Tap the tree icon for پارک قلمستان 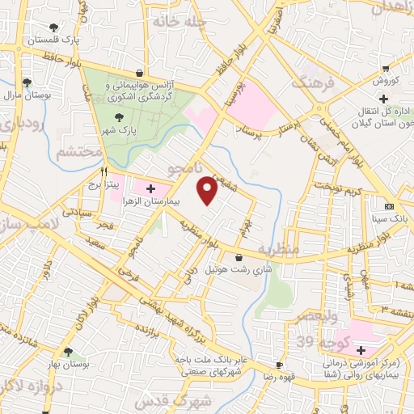click(53, 27)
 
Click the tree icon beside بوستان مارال click(27, 82)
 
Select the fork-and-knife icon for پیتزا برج click(103, 171)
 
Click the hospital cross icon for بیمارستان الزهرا click(150, 188)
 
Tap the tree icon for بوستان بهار click(67, 353)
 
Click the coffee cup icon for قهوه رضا click(278, 365)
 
